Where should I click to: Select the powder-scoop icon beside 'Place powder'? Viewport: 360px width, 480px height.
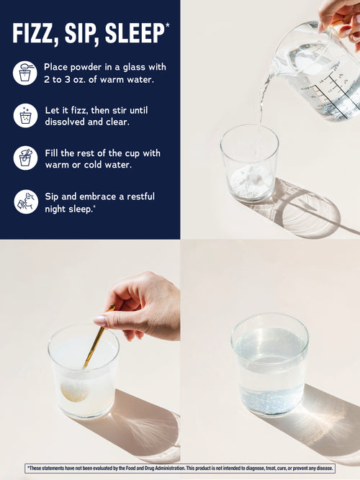point(24,73)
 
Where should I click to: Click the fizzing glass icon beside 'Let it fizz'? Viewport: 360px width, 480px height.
point(25,116)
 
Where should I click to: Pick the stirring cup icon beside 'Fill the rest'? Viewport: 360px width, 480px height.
point(25,158)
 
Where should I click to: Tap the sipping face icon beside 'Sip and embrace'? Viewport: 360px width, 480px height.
point(26,201)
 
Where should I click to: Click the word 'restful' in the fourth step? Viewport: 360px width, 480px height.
point(140,196)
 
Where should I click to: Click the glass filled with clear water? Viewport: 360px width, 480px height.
point(270,364)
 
